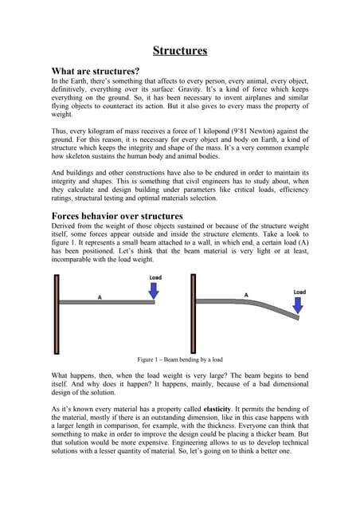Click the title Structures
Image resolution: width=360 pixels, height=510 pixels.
tap(180, 51)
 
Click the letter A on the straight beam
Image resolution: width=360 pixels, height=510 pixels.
tap(100, 296)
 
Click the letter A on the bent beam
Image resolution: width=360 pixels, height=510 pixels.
tap(246, 295)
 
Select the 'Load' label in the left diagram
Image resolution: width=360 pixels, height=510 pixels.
tap(155, 277)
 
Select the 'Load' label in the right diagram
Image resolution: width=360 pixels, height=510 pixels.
tap(299, 292)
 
